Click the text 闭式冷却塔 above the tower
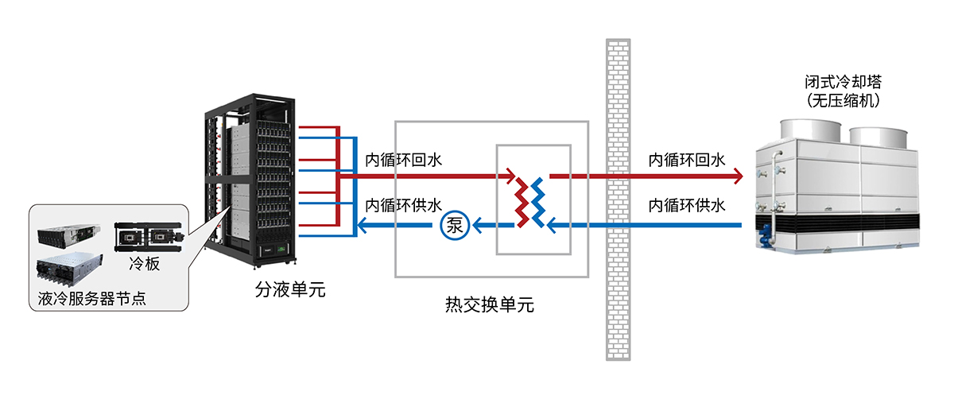(x=843, y=83)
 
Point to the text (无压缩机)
(x=843, y=101)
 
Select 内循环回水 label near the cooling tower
(x=687, y=160)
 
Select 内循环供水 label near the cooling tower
(x=687, y=205)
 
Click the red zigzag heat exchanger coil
(x=521, y=200)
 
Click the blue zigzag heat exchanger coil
(x=540, y=200)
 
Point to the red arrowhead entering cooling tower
(x=737, y=175)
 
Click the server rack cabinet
(x=249, y=183)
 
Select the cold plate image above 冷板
(x=149, y=235)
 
